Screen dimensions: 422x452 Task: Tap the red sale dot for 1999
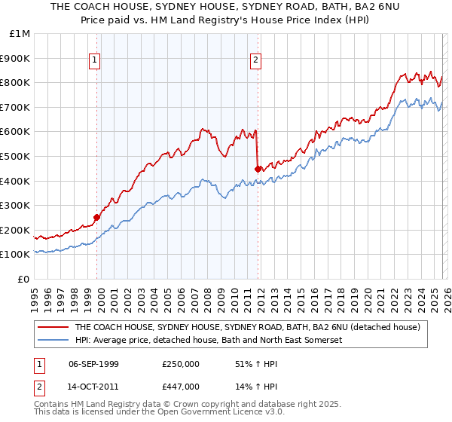96,217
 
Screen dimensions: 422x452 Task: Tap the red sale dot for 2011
258,169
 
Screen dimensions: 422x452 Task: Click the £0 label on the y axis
23,279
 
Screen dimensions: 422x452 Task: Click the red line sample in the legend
53,327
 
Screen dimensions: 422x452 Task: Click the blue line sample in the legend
53,341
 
